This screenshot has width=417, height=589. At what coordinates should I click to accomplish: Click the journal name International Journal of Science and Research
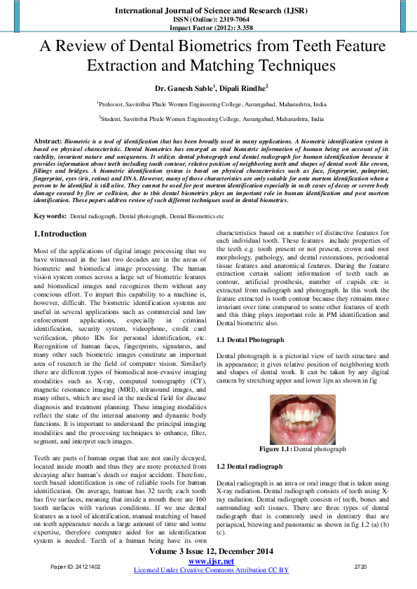click(x=208, y=12)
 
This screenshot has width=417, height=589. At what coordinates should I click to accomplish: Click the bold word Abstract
click(x=47, y=141)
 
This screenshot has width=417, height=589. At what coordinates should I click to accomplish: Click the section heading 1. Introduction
click(x=61, y=234)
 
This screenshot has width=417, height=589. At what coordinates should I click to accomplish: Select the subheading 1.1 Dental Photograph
click(x=250, y=339)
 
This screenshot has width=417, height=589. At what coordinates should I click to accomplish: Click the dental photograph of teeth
click(x=302, y=420)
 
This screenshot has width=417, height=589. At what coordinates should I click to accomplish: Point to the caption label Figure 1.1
click(x=275, y=448)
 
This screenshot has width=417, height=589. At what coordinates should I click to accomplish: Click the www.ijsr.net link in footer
click(x=211, y=562)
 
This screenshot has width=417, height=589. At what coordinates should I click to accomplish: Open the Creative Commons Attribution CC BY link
click(x=211, y=570)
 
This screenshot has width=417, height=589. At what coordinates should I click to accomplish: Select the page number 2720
click(x=360, y=566)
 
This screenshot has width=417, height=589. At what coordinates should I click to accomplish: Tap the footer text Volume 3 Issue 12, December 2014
click(x=211, y=553)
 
